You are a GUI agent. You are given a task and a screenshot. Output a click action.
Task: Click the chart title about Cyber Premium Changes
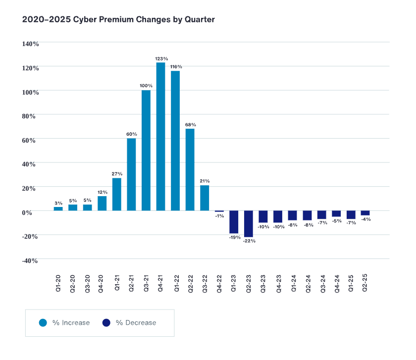[x=118, y=20]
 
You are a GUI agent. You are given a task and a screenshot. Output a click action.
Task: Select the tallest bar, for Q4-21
[x=161, y=136]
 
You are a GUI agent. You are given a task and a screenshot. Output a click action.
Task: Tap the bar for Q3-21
[x=146, y=150]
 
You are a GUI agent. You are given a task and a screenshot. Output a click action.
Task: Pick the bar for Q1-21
[x=117, y=194]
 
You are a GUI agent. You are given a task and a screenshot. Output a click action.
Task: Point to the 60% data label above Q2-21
[x=131, y=134]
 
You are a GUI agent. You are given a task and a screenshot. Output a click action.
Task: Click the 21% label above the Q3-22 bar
[x=205, y=181]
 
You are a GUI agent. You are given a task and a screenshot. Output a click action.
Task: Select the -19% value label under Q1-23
[x=234, y=238]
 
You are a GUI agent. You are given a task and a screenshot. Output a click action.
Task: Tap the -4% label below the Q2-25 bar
[x=366, y=219]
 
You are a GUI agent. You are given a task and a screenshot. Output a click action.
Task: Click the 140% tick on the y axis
[x=30, y=44]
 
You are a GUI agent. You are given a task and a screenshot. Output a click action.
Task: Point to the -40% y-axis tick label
[x=29, y=261]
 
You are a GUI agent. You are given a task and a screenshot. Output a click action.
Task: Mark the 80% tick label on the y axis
[x=30, y=116]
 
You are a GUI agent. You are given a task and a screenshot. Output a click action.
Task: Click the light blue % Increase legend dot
[x=43, y=323]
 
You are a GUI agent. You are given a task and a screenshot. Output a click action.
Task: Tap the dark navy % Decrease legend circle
[x=106, y=323]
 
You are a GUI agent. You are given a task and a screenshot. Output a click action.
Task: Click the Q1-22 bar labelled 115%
[x=175, y=141]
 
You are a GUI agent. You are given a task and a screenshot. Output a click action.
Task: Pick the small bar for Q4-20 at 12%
[x=102, y=204]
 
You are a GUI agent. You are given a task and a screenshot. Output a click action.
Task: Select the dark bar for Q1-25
[x=351, y=215]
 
